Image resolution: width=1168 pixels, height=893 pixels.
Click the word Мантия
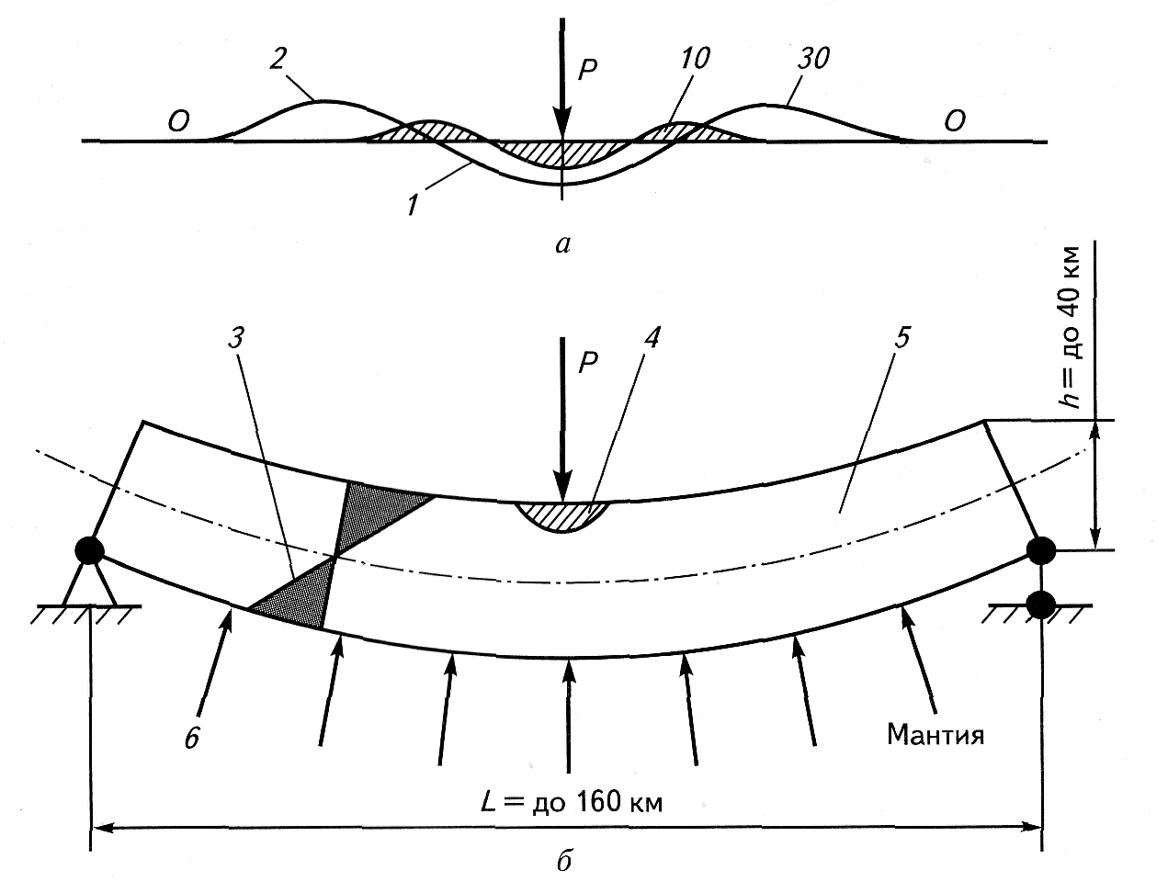pyautogui.click(x=936, y=734)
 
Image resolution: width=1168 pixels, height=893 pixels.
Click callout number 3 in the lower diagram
pyautogui.click(x=237, y=340)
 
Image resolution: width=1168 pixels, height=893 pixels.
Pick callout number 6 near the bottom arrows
pyautogui.click(x=192, y=739)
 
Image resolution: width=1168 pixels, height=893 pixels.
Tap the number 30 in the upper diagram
pyautogui.click(x=813, y=60)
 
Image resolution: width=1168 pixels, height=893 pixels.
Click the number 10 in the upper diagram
pyautogui.click(x=696, y=60)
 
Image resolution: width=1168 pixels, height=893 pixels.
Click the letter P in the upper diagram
pyautogui.click(x=588, y=70)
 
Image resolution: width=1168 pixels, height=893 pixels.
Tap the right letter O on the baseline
pyautogui.click(x=954, y=122)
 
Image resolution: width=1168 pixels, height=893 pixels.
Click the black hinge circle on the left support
pyautogui.click(x=89, y=549)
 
